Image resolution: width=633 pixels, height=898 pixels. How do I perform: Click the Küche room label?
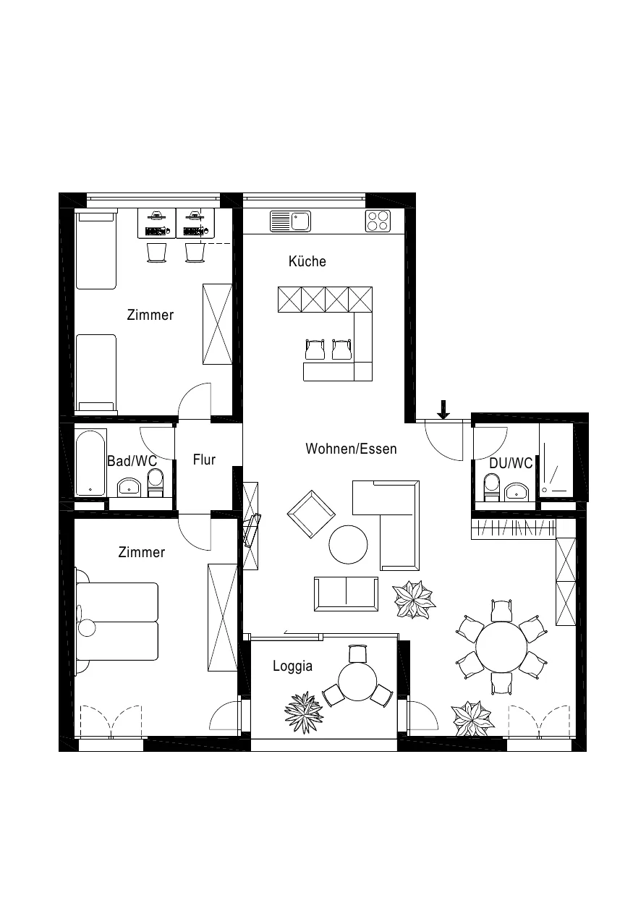[x=307, y=261]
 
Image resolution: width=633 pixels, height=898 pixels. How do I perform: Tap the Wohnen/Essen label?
[x=351, y=449]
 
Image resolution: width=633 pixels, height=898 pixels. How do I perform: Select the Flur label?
[x=204, y=459]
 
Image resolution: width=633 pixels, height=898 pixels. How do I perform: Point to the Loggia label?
[x=293, y=666]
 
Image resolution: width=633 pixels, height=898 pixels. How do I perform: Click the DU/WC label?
[x=511, y=463]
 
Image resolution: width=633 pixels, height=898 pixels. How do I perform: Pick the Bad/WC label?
[x=132, y=461]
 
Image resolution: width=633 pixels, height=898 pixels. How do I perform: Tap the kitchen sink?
[x=290, y=221]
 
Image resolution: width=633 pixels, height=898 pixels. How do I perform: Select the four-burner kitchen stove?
[x=378, y=221]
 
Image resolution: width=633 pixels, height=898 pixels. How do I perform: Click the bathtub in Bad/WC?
[x=90, y=463]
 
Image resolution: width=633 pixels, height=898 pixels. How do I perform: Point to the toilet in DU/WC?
[x=492, y=487]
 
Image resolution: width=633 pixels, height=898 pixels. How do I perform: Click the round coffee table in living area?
[x=348, y=544]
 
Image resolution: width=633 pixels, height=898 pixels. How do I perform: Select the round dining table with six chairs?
[x=501, y=647]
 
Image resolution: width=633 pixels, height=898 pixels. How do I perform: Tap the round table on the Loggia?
[x=357, y=681]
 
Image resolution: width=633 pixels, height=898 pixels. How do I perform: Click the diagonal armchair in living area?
[x=311, y=514]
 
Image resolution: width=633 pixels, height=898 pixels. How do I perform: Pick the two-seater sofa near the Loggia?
[x=346, y=594]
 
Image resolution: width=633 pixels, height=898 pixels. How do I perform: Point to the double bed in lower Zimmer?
[x=117, y=622]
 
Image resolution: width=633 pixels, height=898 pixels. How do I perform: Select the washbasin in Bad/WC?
[x=129, y=488]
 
